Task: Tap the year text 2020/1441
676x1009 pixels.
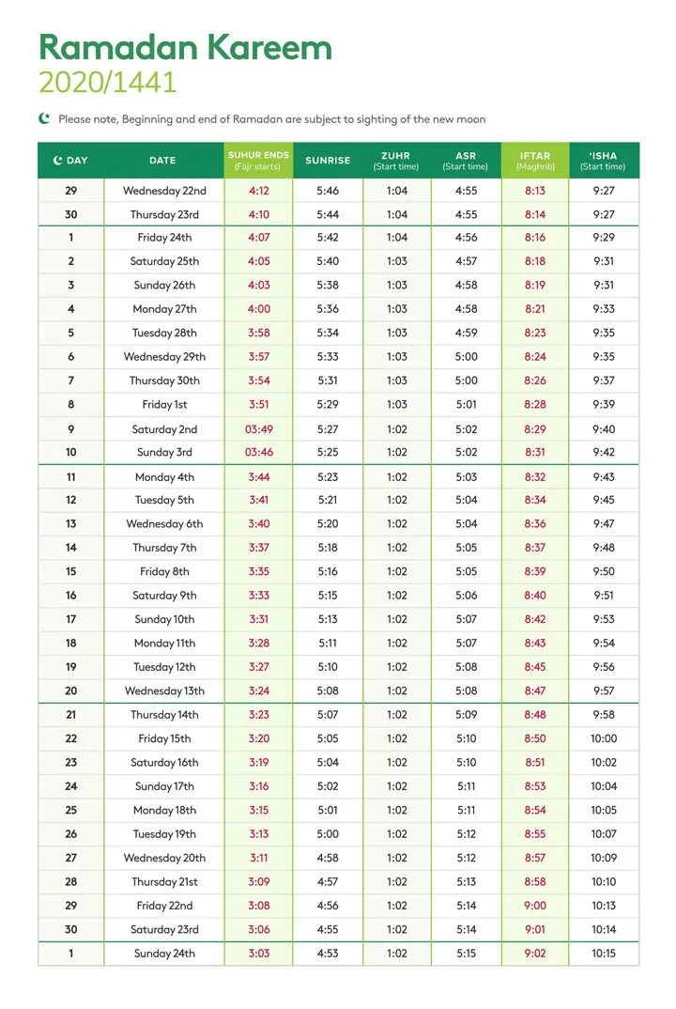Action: tap(107, 83)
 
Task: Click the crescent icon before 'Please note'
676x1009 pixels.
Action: tap(44, 118)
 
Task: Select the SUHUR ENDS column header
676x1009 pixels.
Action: tap(258, 161)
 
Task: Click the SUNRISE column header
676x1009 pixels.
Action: tap(328, 161)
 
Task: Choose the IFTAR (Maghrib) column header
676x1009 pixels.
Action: tap(535, 161)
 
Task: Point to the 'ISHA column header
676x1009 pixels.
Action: tap(603, 161)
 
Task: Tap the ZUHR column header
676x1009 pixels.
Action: tap(396, 161)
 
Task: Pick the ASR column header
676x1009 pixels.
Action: tap(466, 161)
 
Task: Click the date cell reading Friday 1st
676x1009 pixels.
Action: tap(164, 405)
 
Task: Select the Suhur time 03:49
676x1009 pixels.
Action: tap(259, 429)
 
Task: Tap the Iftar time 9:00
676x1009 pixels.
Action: tap(535, 906)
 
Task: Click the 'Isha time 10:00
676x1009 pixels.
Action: tap(604, 738)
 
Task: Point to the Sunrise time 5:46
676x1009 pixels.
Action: tap(328, 191)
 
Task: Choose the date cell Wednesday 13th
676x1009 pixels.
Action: tap(164, 691)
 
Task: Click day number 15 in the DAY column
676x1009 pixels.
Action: tap(70, 571)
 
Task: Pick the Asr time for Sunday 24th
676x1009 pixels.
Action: tap(466, 954)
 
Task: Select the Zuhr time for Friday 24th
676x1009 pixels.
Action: tap(397, 238)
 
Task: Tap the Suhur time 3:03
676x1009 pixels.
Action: tap(259, 954)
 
